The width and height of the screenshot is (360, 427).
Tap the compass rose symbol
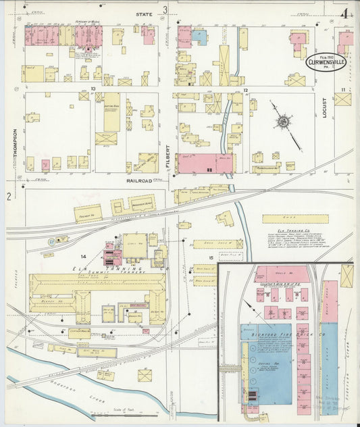tap(284, 122)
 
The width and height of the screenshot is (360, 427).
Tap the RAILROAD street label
tap(137, 181)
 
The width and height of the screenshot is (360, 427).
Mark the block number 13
tap(93, 89)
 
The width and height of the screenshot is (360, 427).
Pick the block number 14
tap(84, 257)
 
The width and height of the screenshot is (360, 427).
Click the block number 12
tap(247, 90)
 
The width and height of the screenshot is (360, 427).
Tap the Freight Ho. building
tap(88, 214)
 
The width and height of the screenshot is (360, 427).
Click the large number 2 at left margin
tap(9, 197)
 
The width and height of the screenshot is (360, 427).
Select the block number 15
tap(211, 257)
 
